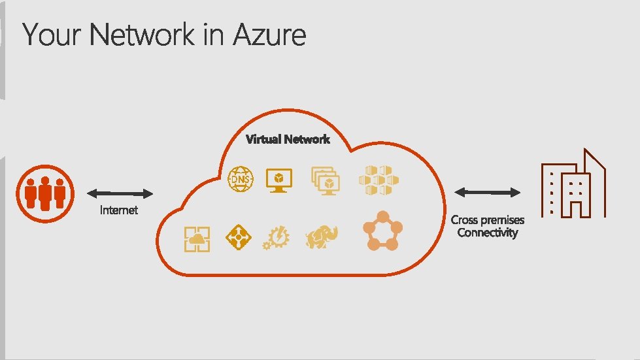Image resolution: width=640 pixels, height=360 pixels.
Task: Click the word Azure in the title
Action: tap(269, 35)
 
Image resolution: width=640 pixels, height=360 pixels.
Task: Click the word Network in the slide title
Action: tap(143, 35)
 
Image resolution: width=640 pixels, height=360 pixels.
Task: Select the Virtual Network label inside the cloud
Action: tap(288, 139)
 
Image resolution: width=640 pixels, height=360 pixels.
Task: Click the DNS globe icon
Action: tap(240, 180)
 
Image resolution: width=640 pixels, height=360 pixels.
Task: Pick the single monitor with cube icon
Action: tap(279, 180)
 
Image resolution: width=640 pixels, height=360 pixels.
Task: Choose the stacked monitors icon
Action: tap(325, 180)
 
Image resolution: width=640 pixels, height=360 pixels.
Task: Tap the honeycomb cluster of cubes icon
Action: tap(378, 180)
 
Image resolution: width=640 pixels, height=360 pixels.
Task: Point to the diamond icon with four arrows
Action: tap(238, 237)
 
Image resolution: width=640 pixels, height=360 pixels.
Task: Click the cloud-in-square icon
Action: tap(197, 238)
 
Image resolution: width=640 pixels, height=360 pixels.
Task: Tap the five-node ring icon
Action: tap(382, 231)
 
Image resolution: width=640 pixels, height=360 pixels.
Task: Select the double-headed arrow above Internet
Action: tap(120, 193)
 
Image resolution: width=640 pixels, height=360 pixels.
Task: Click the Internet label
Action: tap(119, 210)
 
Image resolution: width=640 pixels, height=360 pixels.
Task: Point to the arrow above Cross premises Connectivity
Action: tap(488, 192)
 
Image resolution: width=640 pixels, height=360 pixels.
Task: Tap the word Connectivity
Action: tap(488, 233)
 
